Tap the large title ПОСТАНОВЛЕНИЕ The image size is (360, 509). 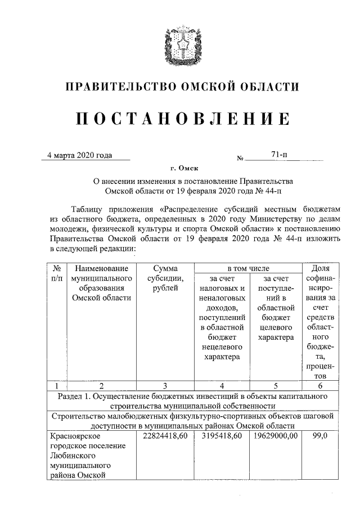(x=180, y=119)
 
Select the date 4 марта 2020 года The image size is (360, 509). (x=80, y=155)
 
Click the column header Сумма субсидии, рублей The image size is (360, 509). (x=165, y=278)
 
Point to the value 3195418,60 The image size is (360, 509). (x=222, y=436)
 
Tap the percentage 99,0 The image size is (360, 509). (x=320, y=436)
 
